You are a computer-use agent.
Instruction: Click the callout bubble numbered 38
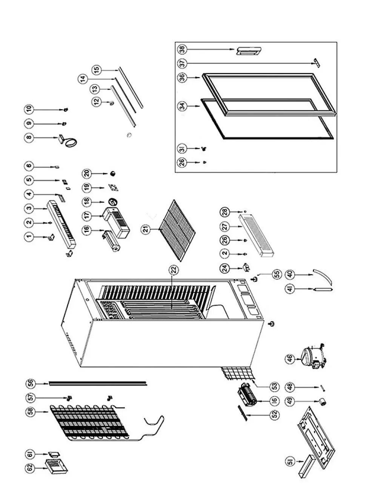[x=182, y=49]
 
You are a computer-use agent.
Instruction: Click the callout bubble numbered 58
[x=31, y=412]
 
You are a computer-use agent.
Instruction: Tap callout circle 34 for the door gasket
[x=182, y=107]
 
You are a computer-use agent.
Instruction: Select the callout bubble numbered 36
[x=182, y=77]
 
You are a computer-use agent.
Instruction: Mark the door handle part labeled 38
[x=248, y=51]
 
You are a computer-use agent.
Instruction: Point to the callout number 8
[x=29, y=138]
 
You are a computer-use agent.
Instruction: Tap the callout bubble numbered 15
[x=97, y=70]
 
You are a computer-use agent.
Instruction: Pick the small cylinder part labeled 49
[x=322, y=402]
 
